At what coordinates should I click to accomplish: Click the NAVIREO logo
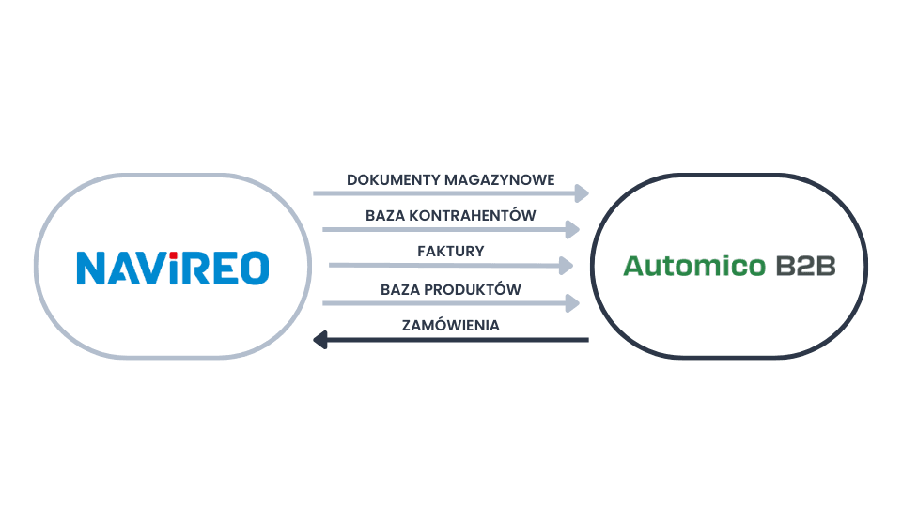tap(172, 268)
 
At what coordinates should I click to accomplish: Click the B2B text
tap(805, 268)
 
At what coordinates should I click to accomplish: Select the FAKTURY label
tap(450, 252)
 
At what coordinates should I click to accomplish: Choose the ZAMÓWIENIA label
tap(450, 325)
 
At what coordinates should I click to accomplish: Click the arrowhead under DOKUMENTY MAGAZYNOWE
tap(583, 193)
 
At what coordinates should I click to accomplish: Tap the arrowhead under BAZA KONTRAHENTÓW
tap(573, 228)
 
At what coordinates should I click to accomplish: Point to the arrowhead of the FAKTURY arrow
tap(567, 265)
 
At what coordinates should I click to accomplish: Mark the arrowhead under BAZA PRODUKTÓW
tap(573, 302)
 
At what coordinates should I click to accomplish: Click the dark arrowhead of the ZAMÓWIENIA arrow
tap(320, 340)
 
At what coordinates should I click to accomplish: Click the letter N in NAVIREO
tap(92, 269)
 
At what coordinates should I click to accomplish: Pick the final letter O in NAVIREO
tap(255, 269)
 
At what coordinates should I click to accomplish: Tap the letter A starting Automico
tap(634, 268)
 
